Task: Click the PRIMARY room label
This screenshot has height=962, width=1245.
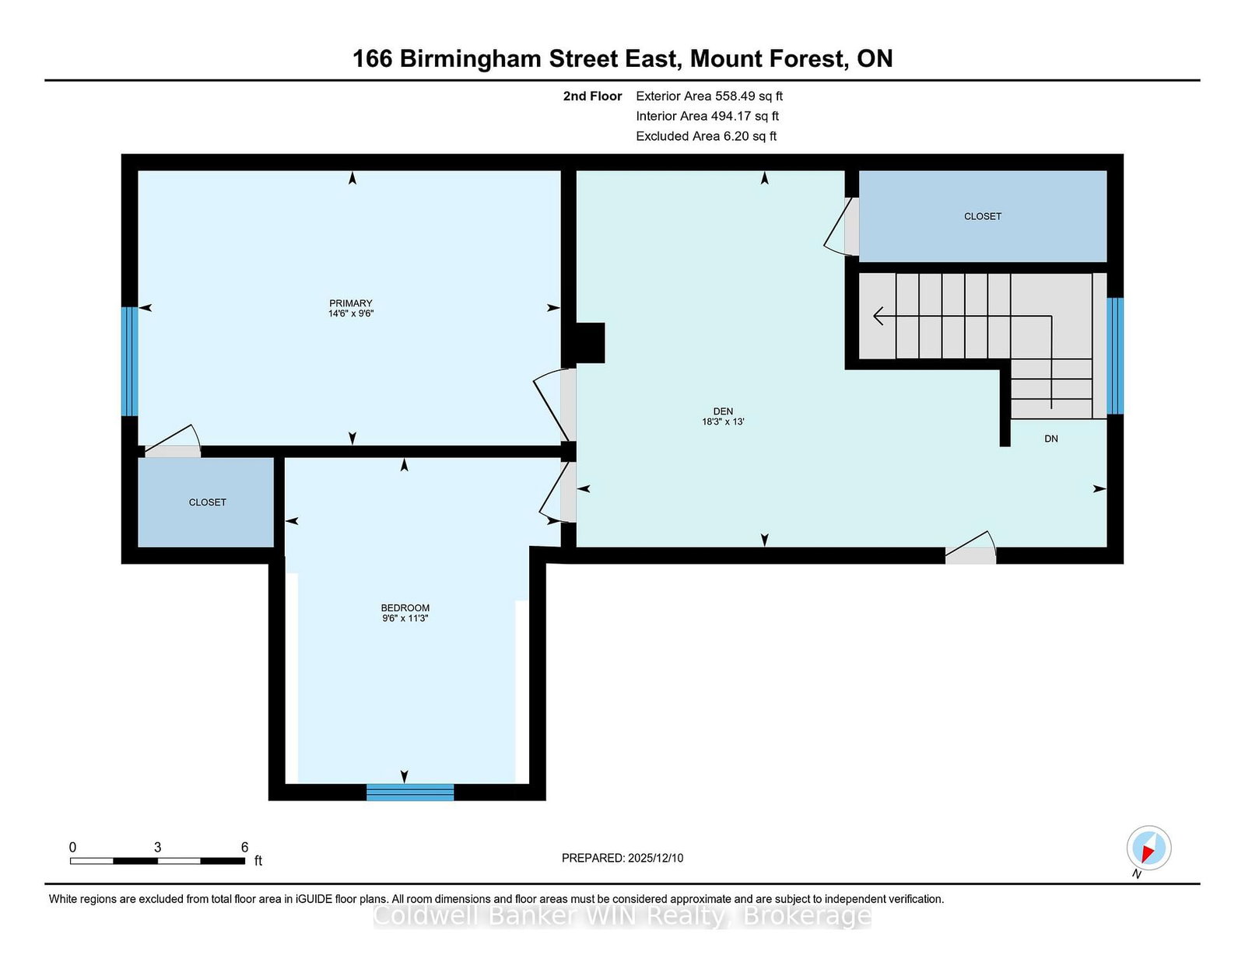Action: point(351,303)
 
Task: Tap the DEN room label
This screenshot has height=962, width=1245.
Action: point(723,411)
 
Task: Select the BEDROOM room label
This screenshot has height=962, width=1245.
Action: point(405,607)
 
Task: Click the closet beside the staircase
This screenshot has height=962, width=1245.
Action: point(983,216)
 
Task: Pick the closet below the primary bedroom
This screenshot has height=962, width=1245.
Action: point(206,502)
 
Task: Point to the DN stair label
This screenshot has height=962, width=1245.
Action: point(1050,439)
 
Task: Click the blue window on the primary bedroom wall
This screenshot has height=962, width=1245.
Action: point(129,362)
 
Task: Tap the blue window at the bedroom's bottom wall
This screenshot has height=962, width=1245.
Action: point(410,792)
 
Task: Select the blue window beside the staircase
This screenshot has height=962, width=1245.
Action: point(1115,355)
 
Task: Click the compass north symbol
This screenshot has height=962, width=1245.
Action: point(1149,848)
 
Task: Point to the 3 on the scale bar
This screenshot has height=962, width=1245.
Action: point(157,847)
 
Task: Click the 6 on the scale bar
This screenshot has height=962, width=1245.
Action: point(244,847)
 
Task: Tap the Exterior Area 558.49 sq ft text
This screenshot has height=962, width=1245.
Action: point(710,96)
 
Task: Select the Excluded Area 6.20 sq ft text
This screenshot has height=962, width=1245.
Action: point(707,136)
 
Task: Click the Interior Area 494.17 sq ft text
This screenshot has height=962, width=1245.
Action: point(707,116)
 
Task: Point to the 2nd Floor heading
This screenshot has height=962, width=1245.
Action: point(592,96)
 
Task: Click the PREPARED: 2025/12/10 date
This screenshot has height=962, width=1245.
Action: point(622,858)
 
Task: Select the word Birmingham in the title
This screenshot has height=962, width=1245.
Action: point(471,60)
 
